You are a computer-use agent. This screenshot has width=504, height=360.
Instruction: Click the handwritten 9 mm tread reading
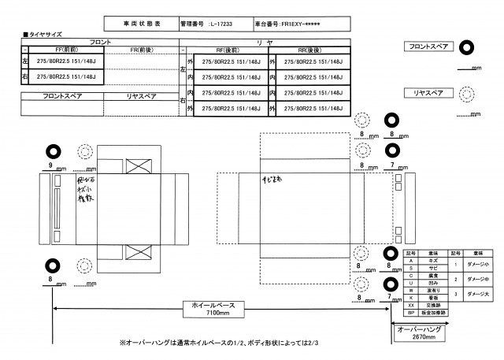pyautogui.click(x=50, y=165)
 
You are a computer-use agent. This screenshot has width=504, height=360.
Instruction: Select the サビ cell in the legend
pyautogui.click(x=431, y=269)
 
